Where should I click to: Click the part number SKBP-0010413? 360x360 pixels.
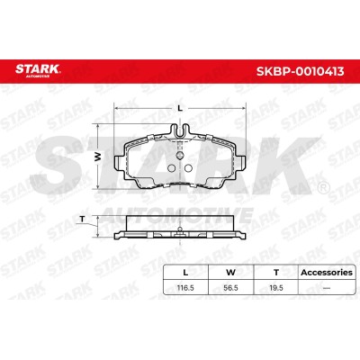pos(300,71)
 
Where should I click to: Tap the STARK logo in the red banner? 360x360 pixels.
pos(38,70)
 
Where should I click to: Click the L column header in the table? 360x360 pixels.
pos(185,273)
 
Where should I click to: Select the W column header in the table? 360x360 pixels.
pos(230,273)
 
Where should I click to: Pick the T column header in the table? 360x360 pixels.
pos(276,273)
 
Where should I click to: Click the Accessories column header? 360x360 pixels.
pos(327,273)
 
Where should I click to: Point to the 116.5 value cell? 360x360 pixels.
pos(185,288)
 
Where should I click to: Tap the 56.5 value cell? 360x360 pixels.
pos(230,288)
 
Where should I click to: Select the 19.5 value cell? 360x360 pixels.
pos(276,288)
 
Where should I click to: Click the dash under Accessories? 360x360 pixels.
pos(327,288)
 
